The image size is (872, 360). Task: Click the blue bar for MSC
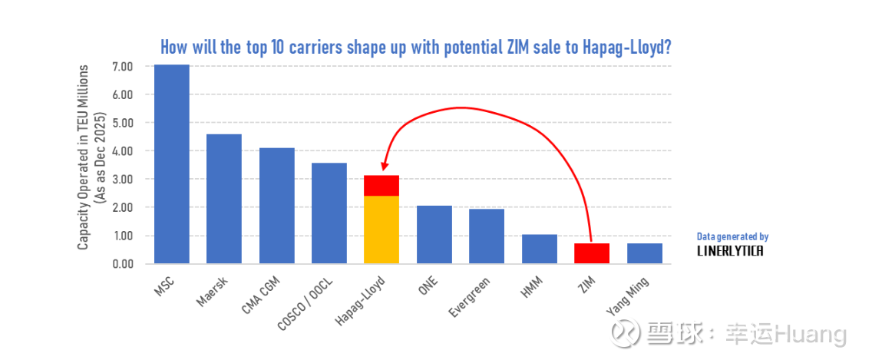point(172,164)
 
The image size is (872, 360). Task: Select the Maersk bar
point(224,199)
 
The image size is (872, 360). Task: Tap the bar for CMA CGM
point(276,206)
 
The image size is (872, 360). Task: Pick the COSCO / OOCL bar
point(329,213)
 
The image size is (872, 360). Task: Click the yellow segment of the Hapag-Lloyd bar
point(381,230)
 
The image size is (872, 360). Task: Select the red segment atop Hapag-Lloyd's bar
point(381,186)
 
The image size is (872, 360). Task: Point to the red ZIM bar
point(591,253)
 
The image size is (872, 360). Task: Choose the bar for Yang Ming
point(644,253)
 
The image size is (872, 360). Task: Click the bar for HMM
point(539,249)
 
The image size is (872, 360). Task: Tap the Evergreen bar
point(487,236)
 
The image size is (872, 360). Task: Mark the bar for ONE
point(434,234)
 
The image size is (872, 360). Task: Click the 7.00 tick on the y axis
point(123,67)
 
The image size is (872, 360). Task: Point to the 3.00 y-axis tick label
point(123,180)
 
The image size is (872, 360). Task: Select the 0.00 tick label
point(123,264)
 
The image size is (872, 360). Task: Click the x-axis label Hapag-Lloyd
point(361,301)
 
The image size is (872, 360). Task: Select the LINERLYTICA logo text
point(730,251)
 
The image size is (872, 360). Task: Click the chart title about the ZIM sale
point(416,47)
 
